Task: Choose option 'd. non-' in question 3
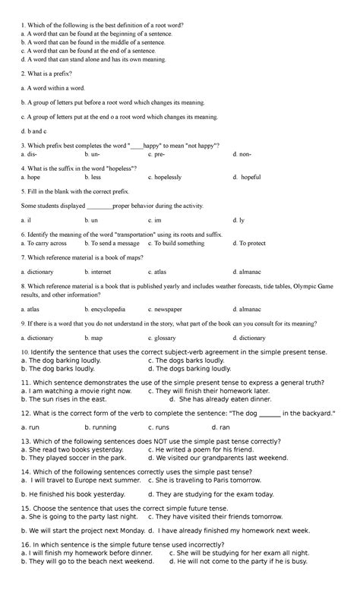coord(242,153)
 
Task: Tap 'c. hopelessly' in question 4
coord(165,177)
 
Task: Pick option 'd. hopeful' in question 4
coord(246,177)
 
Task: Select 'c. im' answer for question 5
coord(155,219)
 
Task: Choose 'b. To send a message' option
coord(112,244)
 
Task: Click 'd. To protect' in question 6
coord(248,244)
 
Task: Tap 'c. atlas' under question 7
coord(157,271)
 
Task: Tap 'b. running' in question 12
coord(100,427)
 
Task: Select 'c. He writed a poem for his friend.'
coord(195,449)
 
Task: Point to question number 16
coord(25,545)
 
